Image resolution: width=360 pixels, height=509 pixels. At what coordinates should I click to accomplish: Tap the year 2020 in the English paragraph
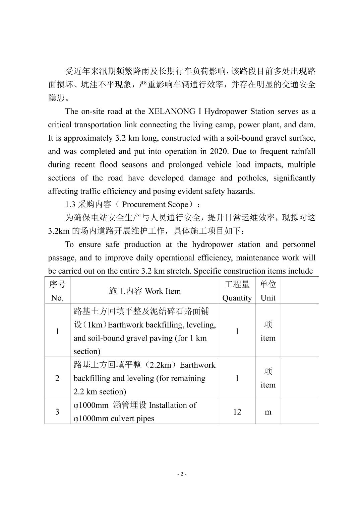click(x=219, y=151)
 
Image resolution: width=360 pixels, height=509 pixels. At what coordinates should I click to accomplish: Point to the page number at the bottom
click(x=181, y=474)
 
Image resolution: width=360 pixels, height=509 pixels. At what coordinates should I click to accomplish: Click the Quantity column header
click(x=237, y=298)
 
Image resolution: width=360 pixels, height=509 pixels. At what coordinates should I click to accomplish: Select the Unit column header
click(x=268, y=298)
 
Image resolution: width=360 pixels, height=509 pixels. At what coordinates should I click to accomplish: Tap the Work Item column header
click(x=163, y=291)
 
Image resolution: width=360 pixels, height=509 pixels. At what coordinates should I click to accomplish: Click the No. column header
click(x=57, y=298)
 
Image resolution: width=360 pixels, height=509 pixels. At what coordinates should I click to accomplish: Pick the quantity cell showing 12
click(x=237, y=412)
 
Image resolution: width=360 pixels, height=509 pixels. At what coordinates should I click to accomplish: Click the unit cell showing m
click(x=268, y=412)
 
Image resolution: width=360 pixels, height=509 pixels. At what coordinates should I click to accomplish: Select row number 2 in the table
click(x=57, y=378)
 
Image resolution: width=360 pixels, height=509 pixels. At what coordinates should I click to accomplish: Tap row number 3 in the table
click(x=57, y=412)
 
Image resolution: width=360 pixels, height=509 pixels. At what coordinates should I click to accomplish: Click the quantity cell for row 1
click(x=237, y=331)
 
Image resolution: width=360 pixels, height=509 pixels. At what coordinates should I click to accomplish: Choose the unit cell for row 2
click(x=268, y=378)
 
